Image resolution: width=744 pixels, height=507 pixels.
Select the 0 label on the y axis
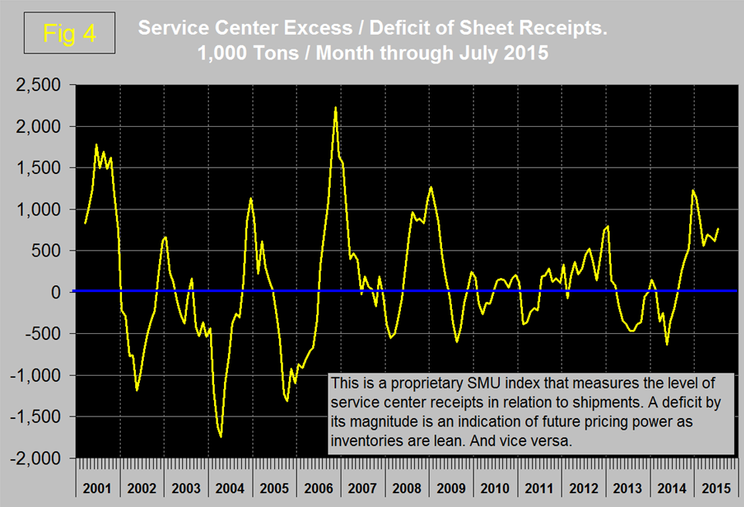pos(64,292)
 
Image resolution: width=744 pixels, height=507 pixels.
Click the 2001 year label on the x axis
pos(97,488)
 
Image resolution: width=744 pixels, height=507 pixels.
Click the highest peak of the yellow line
pos(335,108)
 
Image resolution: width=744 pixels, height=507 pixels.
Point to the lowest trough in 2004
pos(221,437)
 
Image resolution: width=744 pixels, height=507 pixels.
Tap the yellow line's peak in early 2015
pos(693,190)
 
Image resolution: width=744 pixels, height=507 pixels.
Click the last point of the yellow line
pos(719,229)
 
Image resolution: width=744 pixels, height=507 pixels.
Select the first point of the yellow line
pos(85,223)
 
